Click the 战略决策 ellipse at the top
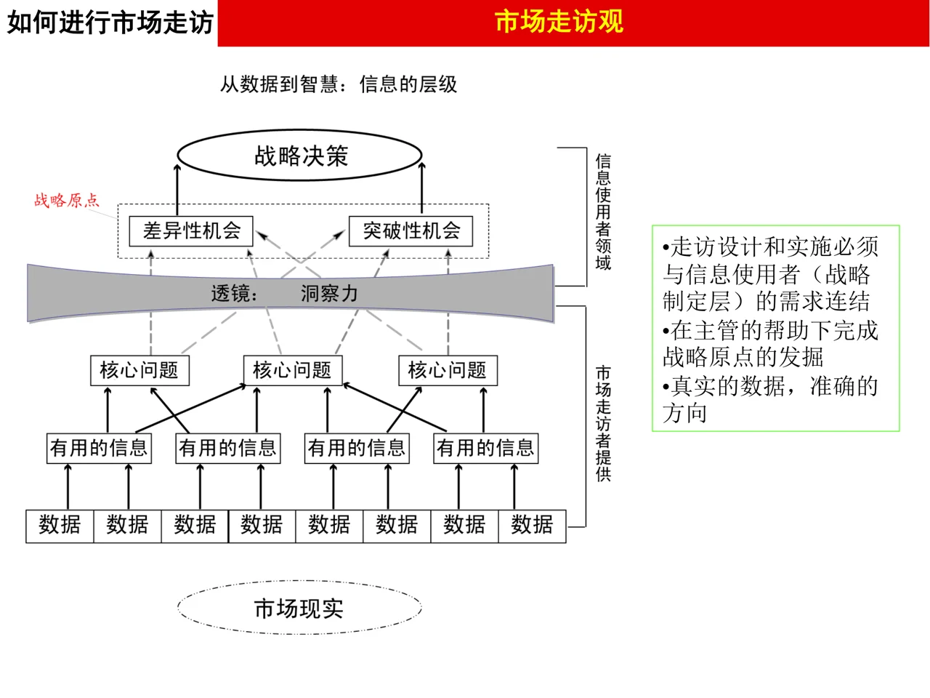coord(300,156)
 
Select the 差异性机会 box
coord(191,231)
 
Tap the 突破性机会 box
coord(411,231)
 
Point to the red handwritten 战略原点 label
coord(66,201)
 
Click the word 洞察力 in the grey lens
coord(329,294)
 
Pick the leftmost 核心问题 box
coord(139,370)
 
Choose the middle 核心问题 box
coord(292,370)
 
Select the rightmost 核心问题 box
coord(447,370)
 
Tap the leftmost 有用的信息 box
coord(99,448)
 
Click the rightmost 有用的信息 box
coord(485,448)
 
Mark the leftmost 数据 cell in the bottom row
coord(60,526)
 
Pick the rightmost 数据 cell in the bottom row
coord(532,526)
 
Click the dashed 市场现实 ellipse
coord(299,608)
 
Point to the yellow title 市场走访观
coord(559,22)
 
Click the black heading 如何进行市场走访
coord(110,23)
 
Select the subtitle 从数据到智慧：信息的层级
coord(339,84)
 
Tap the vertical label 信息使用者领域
coord(603,212)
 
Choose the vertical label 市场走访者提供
coord(603,423)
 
